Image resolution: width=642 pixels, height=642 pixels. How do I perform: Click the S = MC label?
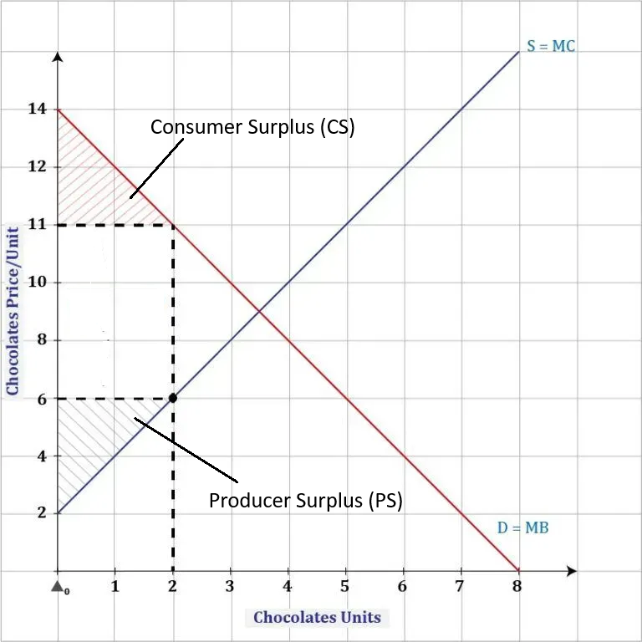pyautogui.click(x=550, y=46)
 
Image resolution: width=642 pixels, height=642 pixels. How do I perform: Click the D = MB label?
pyautogui.click(x=523, y=527)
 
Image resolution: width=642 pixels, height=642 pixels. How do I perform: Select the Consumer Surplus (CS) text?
pyautogui.click(x=252, y=127)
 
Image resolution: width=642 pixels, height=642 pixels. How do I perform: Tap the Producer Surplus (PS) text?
pyautogui.click(x=305, y=501)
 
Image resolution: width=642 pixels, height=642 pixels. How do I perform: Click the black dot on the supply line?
pyautogui.click(x=173, y=398)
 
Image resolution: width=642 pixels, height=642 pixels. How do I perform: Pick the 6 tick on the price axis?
pyautogui.click(x=41, y=398)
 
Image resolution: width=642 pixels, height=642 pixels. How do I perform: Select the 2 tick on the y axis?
pyautogui.click(x=41, y=513)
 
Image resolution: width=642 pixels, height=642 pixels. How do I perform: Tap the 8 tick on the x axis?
pyautogui.click(x=517, y=586)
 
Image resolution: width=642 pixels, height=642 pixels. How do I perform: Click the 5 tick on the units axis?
pyautogui.click(x=345, y=586)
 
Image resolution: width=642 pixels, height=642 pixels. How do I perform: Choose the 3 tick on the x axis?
pyautogui.click(x=230, y=586)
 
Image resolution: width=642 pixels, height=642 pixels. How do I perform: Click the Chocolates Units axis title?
pyautogui.click(x=317, y=618)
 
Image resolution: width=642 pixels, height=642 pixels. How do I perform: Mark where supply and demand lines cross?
pyautogui.click(x=259, y=312)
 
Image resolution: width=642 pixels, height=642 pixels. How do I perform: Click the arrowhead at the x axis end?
pyautogui.click(x=571, y=571)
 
